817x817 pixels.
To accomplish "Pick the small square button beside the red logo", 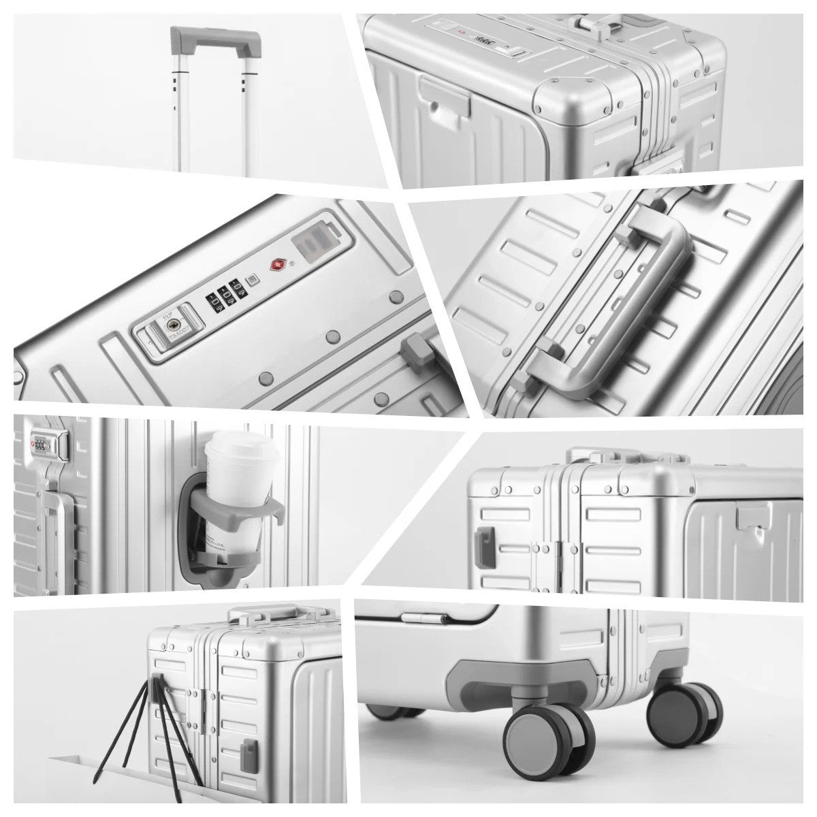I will coord(253,280).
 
